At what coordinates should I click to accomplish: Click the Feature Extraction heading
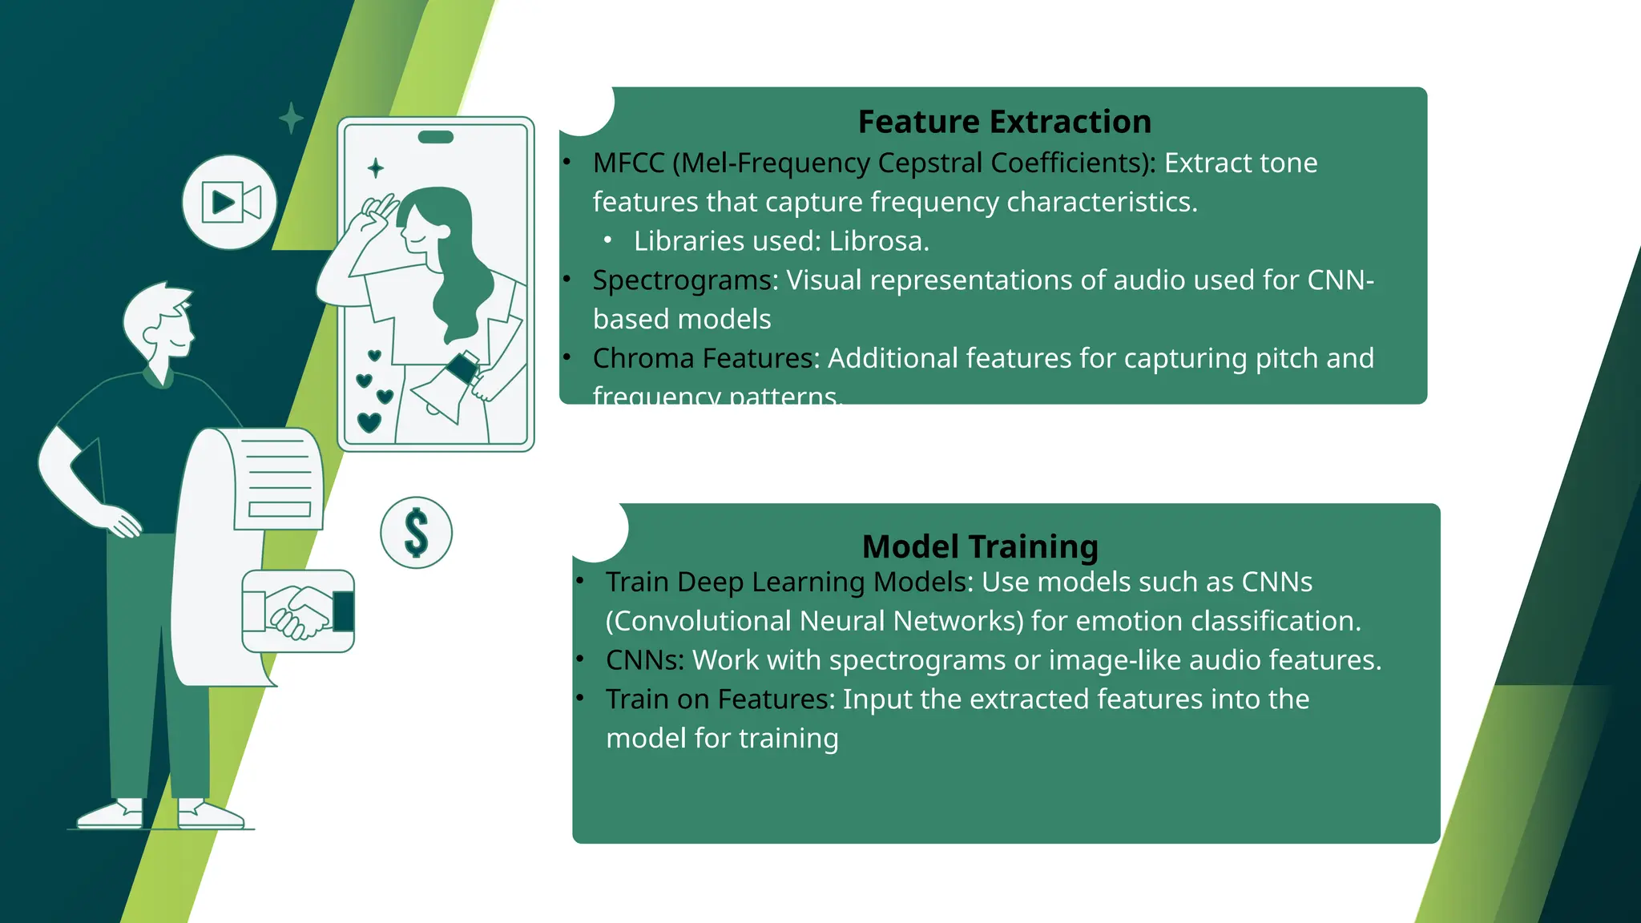1004,122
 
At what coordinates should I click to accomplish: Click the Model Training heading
979,546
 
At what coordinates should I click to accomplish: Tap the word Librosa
878,241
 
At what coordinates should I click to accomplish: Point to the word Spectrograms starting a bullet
681,280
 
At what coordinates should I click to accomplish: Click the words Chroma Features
702,358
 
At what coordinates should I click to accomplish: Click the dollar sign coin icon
416,533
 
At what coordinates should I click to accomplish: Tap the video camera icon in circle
230,202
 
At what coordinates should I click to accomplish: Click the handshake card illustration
298,611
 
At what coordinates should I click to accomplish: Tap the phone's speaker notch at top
436,137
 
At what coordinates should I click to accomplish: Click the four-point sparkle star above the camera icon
291,119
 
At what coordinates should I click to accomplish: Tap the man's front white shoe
210,815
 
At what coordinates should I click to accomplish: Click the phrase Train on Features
717,699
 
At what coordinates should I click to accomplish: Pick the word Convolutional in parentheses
698,621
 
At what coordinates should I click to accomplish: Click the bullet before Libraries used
608,240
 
